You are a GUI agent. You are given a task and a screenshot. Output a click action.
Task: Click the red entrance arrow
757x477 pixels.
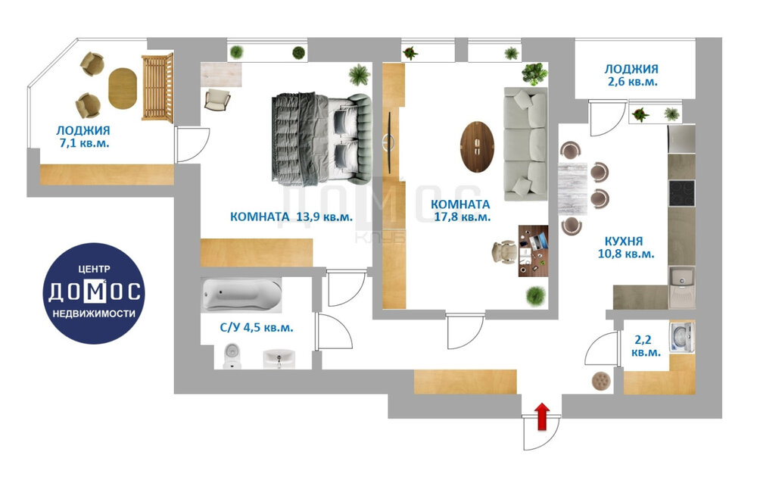[542, 416]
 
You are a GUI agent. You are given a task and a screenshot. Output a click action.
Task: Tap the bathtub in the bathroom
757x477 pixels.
[241, 295]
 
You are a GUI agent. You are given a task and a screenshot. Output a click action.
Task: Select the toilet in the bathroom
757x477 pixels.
[232, 356]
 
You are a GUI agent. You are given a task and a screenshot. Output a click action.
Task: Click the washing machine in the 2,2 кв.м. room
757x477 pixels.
[681, 336]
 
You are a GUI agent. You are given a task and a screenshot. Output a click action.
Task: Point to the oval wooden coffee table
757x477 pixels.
[477, 147]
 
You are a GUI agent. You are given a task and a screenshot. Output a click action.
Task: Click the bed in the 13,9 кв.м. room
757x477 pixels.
[322, 139]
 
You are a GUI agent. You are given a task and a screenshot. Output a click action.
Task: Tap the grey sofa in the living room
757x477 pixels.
[525, 143]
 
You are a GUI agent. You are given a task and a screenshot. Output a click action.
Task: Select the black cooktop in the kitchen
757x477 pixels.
[682, 194]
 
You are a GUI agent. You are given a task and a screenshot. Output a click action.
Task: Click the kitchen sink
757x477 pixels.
[682, 287]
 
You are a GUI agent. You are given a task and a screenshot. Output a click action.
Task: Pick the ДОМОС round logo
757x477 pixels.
[94, 293]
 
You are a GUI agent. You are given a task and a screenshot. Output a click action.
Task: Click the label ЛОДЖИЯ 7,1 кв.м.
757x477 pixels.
[83, 136]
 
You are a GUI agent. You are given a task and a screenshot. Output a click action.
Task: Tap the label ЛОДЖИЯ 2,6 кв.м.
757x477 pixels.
[631, 75]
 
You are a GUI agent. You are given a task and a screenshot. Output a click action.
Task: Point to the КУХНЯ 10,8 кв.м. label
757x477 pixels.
[626, 247]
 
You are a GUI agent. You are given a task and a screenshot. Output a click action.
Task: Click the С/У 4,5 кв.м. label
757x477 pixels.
[257, 327]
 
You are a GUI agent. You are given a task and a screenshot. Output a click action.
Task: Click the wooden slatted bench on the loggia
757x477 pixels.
[157, 87]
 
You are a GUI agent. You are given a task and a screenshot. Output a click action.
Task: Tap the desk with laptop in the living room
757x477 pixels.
[533, 251]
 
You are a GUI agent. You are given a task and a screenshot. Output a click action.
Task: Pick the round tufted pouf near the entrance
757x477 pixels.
[601, 381]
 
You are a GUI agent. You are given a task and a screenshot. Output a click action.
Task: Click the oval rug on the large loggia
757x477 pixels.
[122, 89]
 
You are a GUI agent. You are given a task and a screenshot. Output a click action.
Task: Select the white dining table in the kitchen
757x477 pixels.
[572, 189]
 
